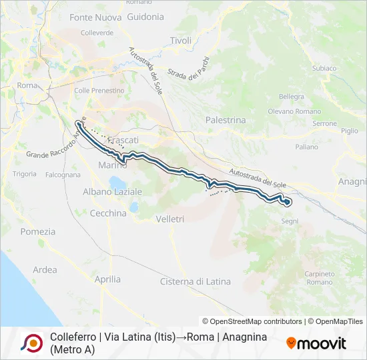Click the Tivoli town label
[x=180, y=41]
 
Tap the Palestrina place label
[x=226, y=121]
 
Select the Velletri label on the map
[x=169, y=219]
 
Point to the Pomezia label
[x=38, y=232]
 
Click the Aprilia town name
[x=107, y=280]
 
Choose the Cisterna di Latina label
[x=195, y=282]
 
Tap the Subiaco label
[x=324, y=68]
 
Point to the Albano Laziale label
[x=112, y=192]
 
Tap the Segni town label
[x=290, y=221]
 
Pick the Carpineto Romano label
[x=320, y=278]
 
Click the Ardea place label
[x=45, y=270]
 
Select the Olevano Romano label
[x=294, y=111]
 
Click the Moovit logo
[x=316, y=343]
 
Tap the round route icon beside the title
[x=30, y=343]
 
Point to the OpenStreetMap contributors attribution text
[x=252, y=321]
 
